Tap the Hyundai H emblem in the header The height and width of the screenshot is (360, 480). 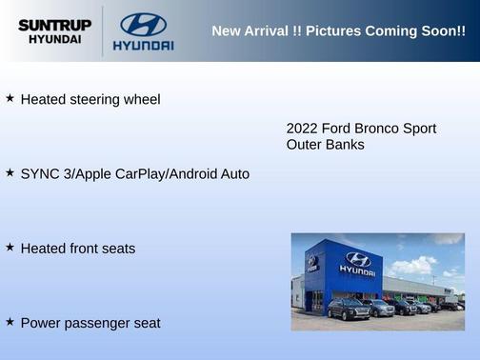pyautogui.click(x=143, y=24)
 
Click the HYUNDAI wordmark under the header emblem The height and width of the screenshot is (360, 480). pyautogui.click(x=143, y=46)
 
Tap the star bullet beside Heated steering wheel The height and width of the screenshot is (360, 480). pyautogui.click(x=10, y=98)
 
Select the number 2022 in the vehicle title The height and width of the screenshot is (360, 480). pyautogui.click(x=302, y=129)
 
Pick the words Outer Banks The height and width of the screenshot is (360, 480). pyautogui.click(x=325, y=145)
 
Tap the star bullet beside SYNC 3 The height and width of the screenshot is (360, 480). pyautogui.click(x=10, y=172)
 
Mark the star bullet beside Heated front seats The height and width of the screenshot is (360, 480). pyautogui.click(x=10, y=247)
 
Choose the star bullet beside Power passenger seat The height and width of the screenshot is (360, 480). pyautogui.click(x=10, y=322)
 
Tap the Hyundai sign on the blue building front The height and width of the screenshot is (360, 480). pyautogui.click(x=357, y=262)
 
